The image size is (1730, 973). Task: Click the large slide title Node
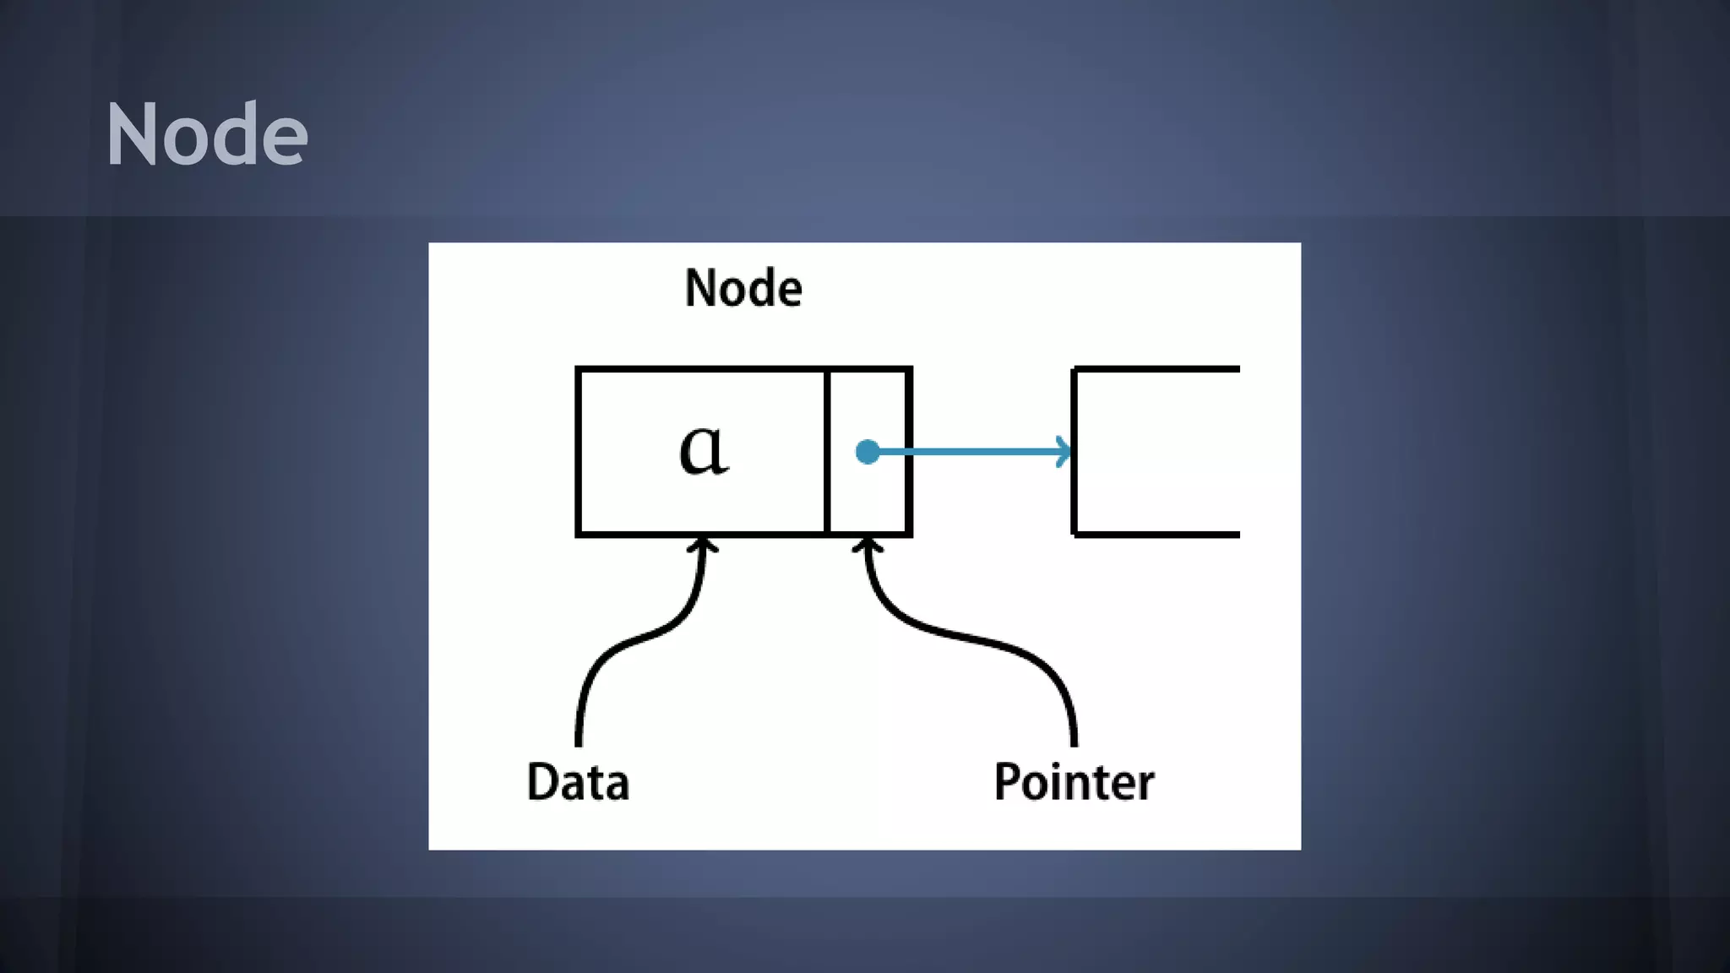coord(206,134)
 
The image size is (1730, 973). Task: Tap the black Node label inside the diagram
coord(743,288)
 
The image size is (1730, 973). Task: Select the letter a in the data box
coord(703,449)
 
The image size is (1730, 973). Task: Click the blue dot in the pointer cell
coord(868,452)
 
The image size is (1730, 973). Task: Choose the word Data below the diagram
coord(578,782)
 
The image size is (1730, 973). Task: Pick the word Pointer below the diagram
coord(1074,782)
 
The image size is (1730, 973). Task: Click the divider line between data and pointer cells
coord(827,452)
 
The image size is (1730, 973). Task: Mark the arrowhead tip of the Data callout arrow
coord(701,541)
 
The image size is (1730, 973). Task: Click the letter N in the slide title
coord(132,134)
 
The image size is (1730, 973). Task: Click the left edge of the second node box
coord(1074,452)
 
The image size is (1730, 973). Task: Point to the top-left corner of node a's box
coord(579,370)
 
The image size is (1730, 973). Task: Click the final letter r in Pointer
coord(1145,785)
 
